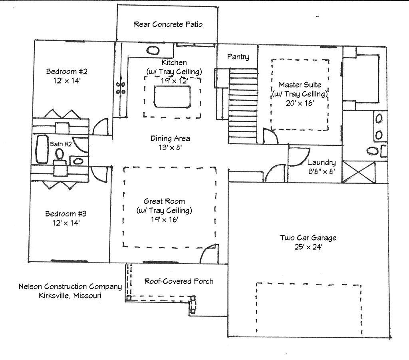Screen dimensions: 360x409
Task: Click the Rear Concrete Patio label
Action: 168,24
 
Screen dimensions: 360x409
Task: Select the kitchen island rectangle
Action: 172,96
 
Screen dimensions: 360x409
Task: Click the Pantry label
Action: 238,57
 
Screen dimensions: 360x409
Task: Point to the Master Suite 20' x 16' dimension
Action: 300,102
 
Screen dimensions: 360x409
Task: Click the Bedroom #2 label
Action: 67,72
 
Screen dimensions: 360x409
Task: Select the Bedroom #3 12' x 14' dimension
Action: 66,223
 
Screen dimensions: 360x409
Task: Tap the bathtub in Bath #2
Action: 42,149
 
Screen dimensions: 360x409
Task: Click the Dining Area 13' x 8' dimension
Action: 170,147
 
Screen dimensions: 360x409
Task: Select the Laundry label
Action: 322,163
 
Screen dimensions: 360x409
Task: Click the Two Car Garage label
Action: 308,238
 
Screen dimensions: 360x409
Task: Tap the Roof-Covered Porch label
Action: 179,281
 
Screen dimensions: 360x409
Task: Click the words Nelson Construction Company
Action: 70,286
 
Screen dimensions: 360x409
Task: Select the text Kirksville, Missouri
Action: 70,296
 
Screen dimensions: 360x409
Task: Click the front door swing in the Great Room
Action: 208,255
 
